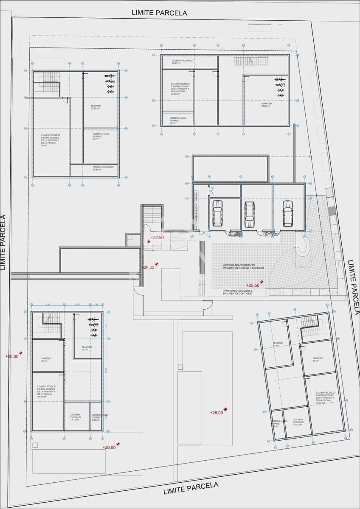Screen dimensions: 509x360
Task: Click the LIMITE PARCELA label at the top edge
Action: [159, 13]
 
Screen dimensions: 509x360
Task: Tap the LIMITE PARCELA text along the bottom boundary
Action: [191, 488]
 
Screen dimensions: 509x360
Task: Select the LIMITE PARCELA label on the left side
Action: [3, 243]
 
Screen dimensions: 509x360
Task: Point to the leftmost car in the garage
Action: [217, 213]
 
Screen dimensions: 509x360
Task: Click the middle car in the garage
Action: [249, 214]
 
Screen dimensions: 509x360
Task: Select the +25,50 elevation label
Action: [253, 285]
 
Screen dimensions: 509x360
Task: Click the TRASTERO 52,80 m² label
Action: [96, 107]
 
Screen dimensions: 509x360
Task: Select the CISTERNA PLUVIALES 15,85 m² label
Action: [103, 168]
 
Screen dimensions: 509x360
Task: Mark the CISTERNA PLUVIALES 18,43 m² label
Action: [183, 62]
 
